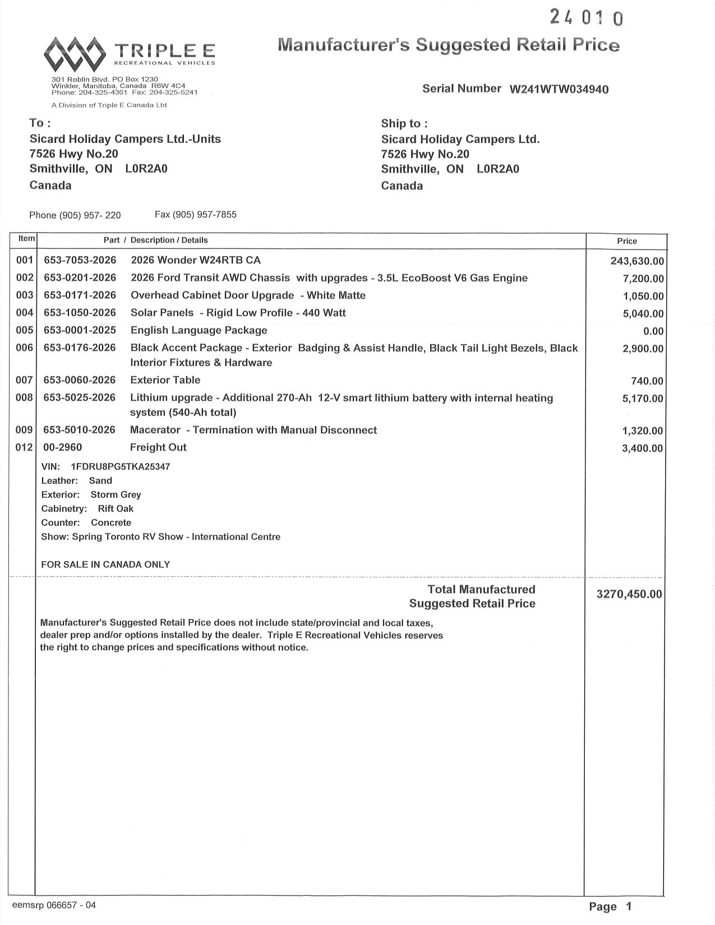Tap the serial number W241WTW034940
tap(559, 90)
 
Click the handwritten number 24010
tap(586, 18)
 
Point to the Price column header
tap(627, 241)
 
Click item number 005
tap(25, 330)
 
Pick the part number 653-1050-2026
tap(80, 313)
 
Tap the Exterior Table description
tap(165, 380)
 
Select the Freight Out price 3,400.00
tap(643, 448)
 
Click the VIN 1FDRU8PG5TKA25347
tap(121, 466)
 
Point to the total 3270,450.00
tap(629, 594)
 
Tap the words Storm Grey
tap(116, 494)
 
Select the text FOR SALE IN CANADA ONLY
tap(105, 565)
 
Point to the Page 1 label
tap(610, 906)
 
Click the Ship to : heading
tap(404, 124)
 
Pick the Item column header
tap(26, 239)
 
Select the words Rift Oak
tap(116, 508)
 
